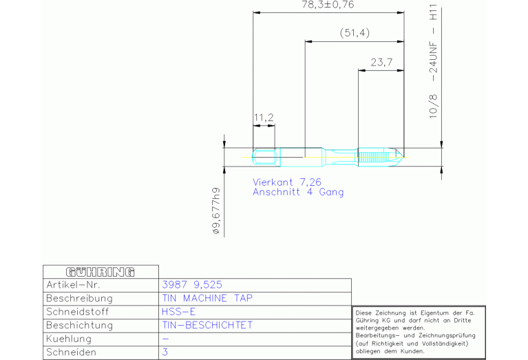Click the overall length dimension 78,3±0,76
328,5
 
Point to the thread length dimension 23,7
381,63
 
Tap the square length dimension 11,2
264,118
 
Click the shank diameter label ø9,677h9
217,211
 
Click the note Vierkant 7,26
287,182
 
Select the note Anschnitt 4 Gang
298,192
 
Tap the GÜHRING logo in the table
101,272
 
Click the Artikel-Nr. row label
73,285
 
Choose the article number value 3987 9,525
192,285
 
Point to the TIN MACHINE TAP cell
207,298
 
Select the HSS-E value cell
178,312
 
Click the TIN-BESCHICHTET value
207,326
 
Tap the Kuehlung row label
69,339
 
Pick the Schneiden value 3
165,352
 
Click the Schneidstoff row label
78,312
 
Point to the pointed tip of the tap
403,157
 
